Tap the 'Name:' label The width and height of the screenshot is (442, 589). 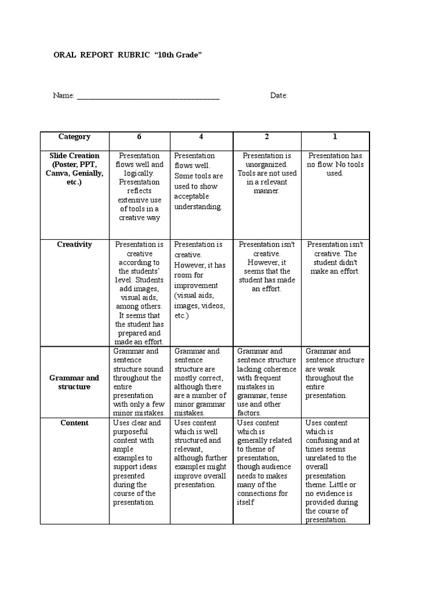(64, 95)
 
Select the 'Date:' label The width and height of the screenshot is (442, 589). (279, 95)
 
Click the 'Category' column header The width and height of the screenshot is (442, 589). (74, 137)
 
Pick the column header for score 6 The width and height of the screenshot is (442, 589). (139, 137)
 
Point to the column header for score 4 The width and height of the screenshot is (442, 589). (201, 137)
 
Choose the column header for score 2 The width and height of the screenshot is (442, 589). (266, 137)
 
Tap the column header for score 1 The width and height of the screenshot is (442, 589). (334, 137)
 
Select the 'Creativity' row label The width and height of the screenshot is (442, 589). (74, 244)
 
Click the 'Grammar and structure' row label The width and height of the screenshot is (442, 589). (74, 382)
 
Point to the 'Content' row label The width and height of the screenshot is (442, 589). (74, 423)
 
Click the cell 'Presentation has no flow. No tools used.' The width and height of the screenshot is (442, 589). (336, 165)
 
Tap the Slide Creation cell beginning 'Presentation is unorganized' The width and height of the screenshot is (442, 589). (266, 173)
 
